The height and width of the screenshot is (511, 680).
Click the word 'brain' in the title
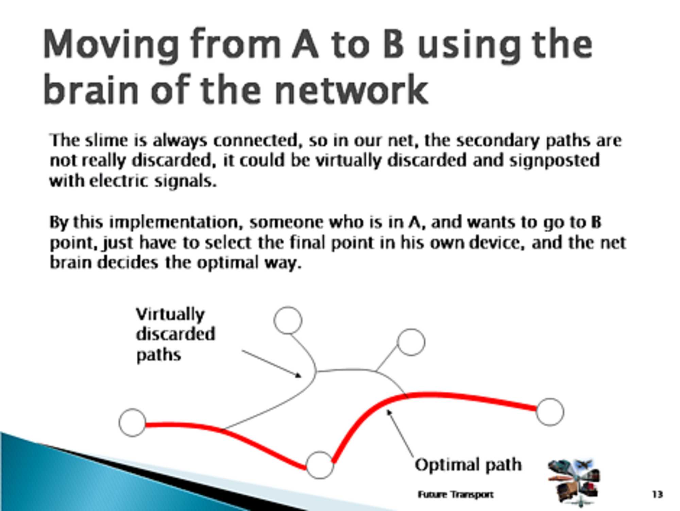(90, 90)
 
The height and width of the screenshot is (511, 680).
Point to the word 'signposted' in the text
(554, 161)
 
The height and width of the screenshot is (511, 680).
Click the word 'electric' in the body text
(119, 181)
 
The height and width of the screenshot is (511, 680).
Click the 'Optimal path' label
(468, 465)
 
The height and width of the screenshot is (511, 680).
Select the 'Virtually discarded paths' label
(175, 334)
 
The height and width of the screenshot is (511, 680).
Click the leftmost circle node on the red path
(133, 423)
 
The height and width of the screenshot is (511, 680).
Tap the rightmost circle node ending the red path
(550, 412)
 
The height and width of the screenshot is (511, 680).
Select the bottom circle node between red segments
(320, 465)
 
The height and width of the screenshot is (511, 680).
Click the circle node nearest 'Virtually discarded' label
(288, 320)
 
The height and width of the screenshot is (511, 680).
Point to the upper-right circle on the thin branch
(411, 342)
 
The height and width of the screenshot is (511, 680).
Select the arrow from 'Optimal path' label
(401, 433)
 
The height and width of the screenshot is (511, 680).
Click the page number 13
(657, 494)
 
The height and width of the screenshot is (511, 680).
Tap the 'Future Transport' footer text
(455, 494)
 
